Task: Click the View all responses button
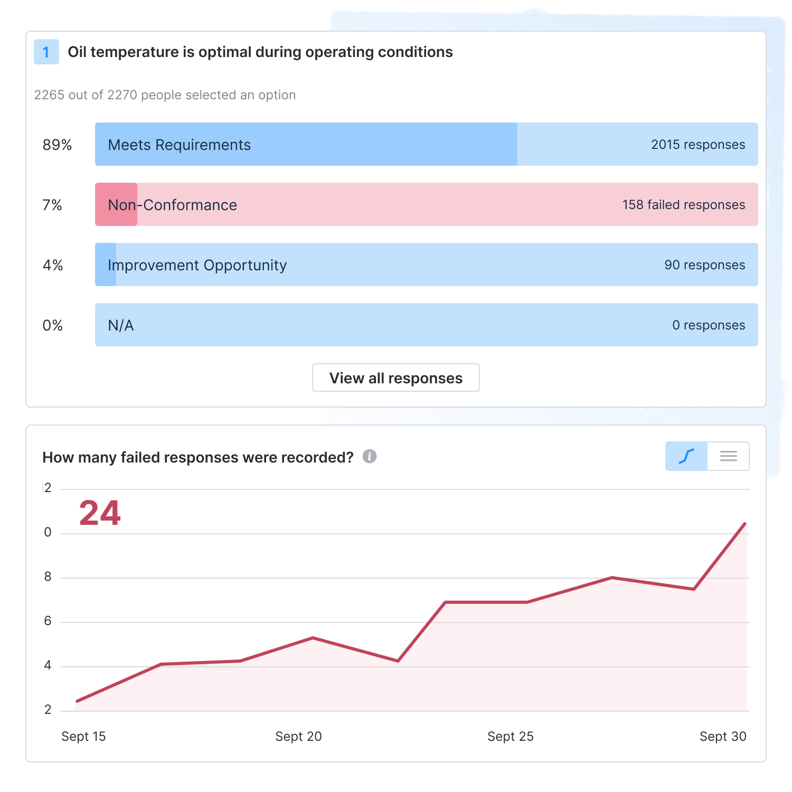coord(396,378)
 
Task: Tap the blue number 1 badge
coord(46,52)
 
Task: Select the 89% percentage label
coord(57,145)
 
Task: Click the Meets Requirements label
coord(180,145)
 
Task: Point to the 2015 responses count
coord(697,145)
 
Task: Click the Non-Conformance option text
coord(173,205)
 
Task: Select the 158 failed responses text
coord(683,205)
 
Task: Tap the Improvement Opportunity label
coord(197,265)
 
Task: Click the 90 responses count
coord(704,265)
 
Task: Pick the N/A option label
coord(121,325)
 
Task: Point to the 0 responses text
coord(709,325)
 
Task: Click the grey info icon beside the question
coord(370,456)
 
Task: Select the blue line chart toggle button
coord(686,456)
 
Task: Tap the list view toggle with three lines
coord(728,456)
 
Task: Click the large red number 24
coord(100,513)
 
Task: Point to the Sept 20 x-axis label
coord(298,737)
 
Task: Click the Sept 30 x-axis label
coord(723,737)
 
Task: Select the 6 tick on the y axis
coord(48,621)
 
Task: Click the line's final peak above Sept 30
coord(744,524)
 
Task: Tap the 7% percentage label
coord(52,205)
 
